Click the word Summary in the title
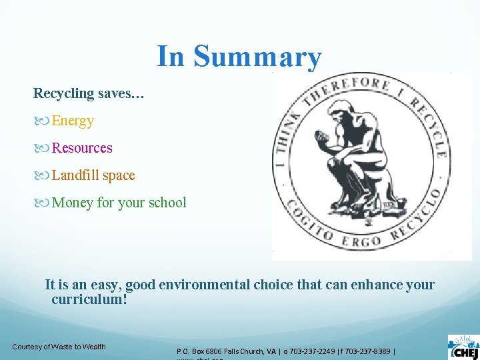257,57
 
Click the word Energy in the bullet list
73,121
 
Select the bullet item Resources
82,148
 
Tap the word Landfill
75,175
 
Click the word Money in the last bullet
73,203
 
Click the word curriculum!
89,299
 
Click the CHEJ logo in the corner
464,347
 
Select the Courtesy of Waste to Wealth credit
59,346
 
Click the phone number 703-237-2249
309,351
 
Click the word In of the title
171,57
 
